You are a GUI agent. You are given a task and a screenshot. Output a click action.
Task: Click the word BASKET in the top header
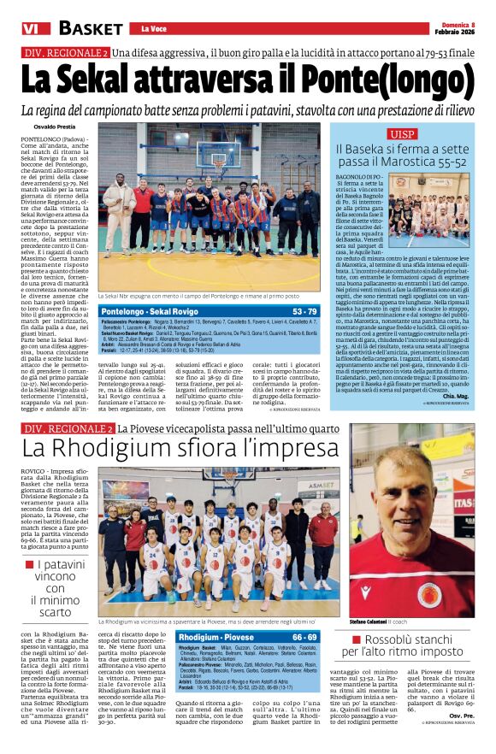[x=90, y=28]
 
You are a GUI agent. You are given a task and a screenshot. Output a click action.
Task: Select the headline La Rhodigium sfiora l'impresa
[x=168, y=448]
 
